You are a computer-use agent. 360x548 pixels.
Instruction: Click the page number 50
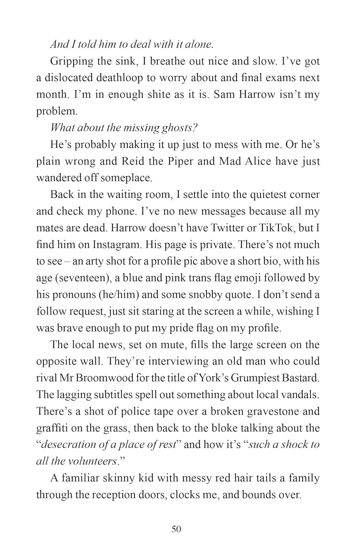tap(176, 529)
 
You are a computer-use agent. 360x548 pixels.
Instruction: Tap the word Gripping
tap(72, 61)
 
